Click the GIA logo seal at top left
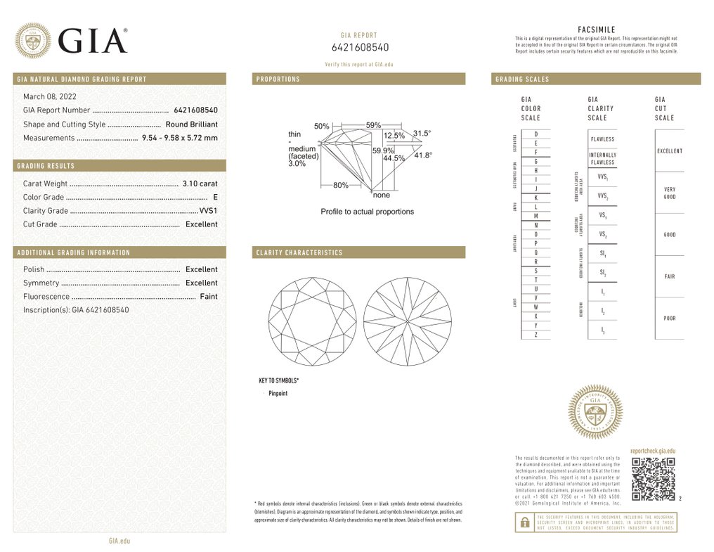click(x=32, y=41)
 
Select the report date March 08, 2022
click(x=50, y=96)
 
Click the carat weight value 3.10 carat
click(x=200, y=184)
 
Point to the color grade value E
click(x=215, y=198)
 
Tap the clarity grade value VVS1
click(x=209, y=211)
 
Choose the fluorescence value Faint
click(x=209, y=297)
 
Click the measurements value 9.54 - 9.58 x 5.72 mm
click(x=180, y=138)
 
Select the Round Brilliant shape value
click(x=192, y=124)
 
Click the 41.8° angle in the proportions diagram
click(x=422, y=155)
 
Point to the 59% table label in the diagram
click(x=375, y=125)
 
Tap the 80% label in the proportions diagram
click(x=341, y=186)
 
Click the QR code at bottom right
click(x=653, y=479)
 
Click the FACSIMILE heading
click(x=596, y=30)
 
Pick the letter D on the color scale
click(x=535, y=134)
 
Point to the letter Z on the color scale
click(x=535, y=335)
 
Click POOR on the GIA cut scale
click(x=669, y=319)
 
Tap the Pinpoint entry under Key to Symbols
click(x=278, y=394)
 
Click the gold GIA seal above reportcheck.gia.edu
click(x=595, y=413)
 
